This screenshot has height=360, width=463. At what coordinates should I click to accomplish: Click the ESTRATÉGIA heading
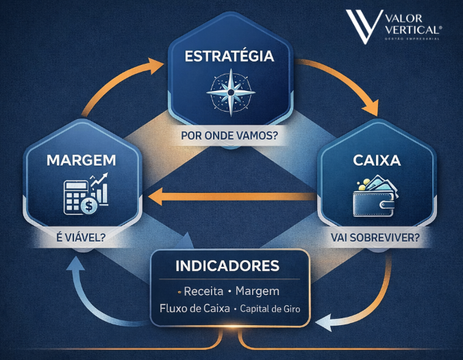229,55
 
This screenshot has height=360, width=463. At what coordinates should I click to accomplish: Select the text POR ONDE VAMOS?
229,136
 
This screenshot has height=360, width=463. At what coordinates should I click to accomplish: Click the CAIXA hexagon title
376,161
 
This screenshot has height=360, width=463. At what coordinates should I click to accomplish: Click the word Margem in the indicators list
257,291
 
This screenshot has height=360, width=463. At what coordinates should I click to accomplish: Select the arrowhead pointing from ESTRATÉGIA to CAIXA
370,109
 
